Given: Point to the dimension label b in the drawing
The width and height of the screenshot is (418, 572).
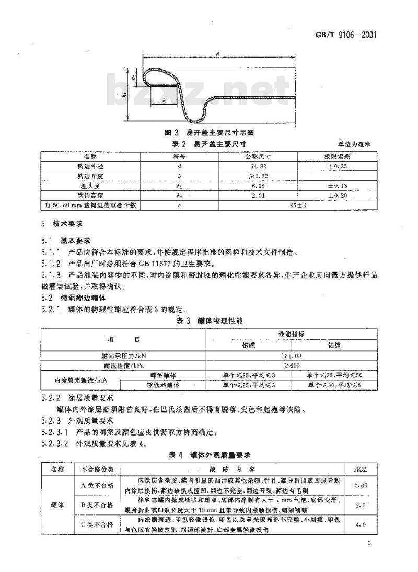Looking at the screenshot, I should pos(164,99).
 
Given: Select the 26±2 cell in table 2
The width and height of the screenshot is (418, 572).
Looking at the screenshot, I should pos(296,205).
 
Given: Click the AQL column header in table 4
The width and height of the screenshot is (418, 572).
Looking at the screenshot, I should pos(361,469).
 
